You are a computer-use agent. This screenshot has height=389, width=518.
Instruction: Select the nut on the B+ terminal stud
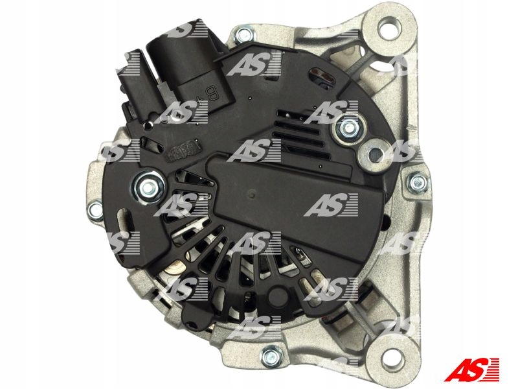pyautogui.click(x=347, y=128)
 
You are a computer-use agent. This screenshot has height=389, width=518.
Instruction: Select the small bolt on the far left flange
pyautogui.click(x=95, y=209)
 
